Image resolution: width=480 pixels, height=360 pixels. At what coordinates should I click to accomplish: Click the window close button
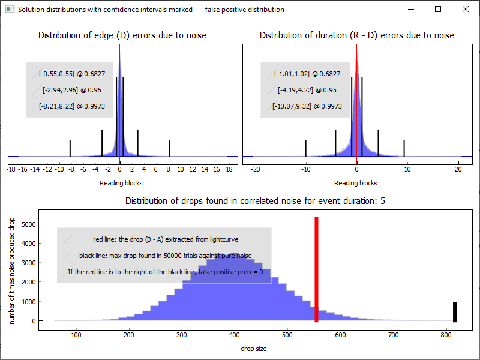click(x=465, y=10)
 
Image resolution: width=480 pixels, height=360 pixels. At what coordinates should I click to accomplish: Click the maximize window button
click(x=438, y=10)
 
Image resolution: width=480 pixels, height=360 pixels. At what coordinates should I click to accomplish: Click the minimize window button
click(x=410, y=10)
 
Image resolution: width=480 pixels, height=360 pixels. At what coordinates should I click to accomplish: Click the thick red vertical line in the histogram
click(x=316, y=270)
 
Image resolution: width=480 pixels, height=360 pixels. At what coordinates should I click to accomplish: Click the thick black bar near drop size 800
click(x=455, y=311)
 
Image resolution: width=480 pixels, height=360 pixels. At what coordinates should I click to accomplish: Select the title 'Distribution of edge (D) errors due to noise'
click(x=122, y=35)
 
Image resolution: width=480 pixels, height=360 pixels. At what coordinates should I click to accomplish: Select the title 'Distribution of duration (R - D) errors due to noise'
click(x=357, y=35)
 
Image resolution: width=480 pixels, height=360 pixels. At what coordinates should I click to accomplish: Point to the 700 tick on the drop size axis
click(x=392, y=335)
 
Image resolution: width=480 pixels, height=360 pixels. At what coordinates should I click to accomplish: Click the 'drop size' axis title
click(x=254, y=349)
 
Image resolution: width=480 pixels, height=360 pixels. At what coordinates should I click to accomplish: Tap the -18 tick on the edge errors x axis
click(x=11, y=170)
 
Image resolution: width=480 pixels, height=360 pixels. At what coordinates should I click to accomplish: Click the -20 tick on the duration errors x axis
click(x=255, y=170)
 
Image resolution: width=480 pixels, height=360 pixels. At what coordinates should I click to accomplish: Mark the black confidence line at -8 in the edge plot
click(x=70, y=148)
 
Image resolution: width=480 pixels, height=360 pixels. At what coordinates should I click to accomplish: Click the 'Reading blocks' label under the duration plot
click(x=356, y=183)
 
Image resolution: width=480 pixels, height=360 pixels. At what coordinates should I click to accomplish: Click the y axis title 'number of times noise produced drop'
click(x=13, y=271)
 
